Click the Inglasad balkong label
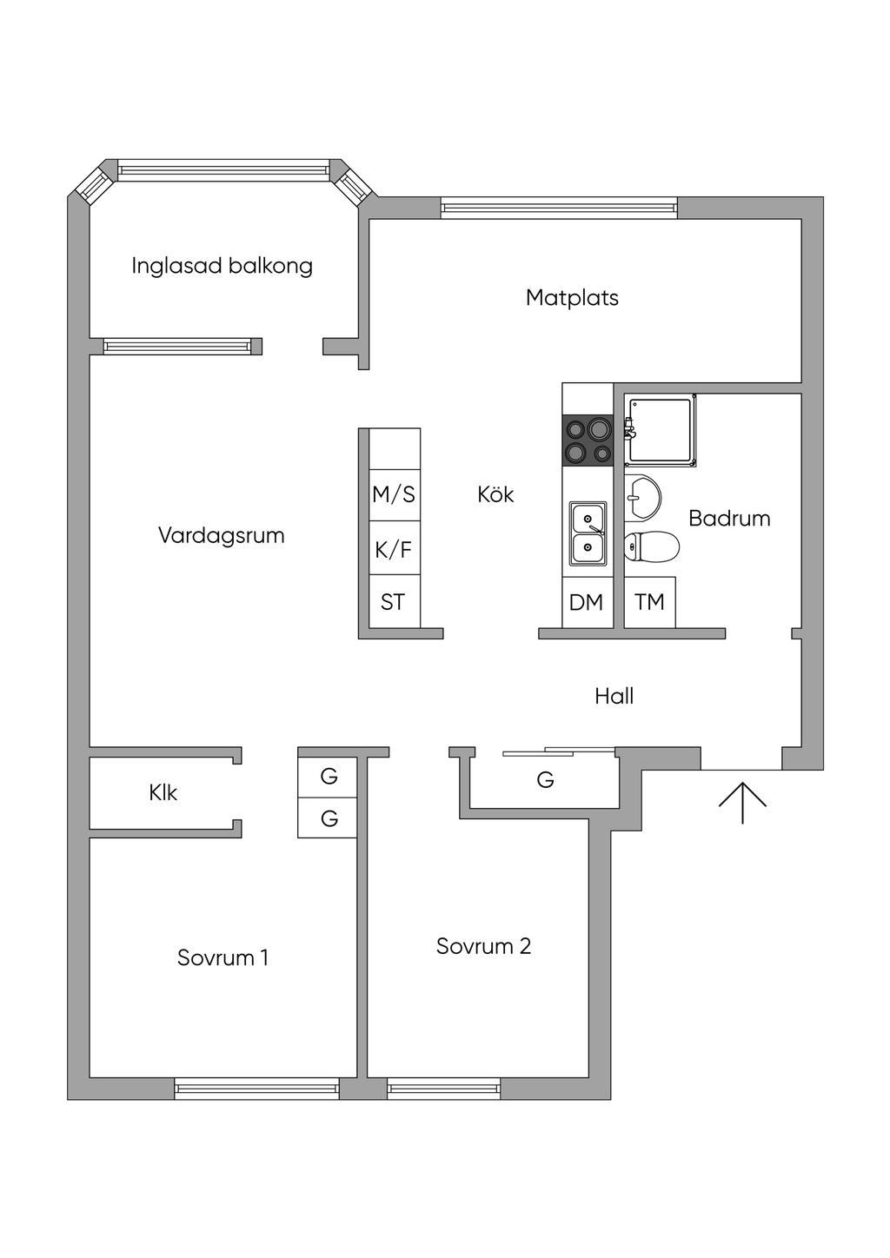pyautogui.click(x=222, y=266)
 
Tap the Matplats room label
pyautogui.click(x=572, y=297)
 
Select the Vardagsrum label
pyautogui.click(x=222, y=535)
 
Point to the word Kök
pyautogui.click(x=495, y=494)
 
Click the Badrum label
pyautogui.click(x=729, y=518)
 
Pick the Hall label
pyautogui.click(x=614, y=697)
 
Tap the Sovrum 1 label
pyautogui.click(x=222, y=957)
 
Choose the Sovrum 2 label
pyautogui.click(x=483, y=946)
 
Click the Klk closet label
pyautogui.click(x=163, y=793)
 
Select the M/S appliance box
pyautogui.click(x=395, y=495)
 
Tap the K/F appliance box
pyautogui.click(x=395, y=547)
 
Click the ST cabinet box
pyautogui.click(x=395, y=601)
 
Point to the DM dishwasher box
pyautogui.click(x=588, y=602)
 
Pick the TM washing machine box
pyautogui.click(x=649, y=602)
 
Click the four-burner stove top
pyautogui.click(x=588, y=440)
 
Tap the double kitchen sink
pyautogui.click(x=588, y=533)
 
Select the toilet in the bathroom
pyautogui.click(x=652, y=546)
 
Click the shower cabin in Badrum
pyautogui.click(x=661, y=430)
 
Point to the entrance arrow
pyautogui.click(x=742, y=803)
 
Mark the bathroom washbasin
pyautogui.click(x=643, y=496)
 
